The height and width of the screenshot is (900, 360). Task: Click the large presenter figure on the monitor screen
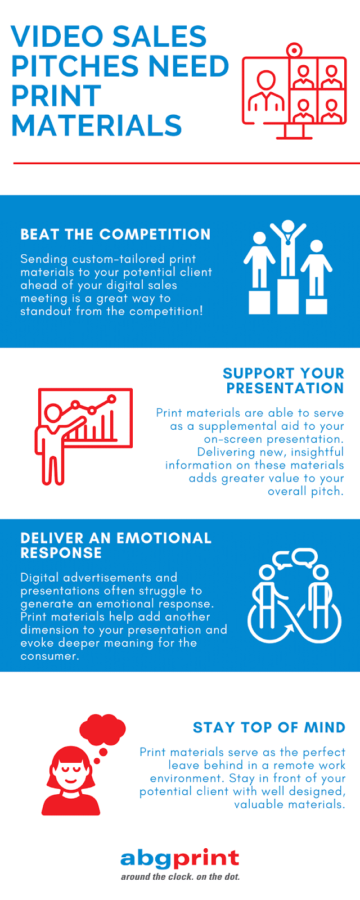click(x=266, y=91)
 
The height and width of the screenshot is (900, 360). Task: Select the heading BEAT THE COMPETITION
click(x=115, y=234)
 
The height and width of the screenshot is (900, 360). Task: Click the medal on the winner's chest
click(x=287, y=242)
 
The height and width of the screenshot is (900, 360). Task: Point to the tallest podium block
click(x=287, y=296)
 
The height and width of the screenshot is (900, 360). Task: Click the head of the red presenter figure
click(x=53, y=413)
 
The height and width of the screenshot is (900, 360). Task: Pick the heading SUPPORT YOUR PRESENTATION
click(x=283, y=380)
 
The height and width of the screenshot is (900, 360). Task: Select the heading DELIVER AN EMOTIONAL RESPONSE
click(x=116, y=545)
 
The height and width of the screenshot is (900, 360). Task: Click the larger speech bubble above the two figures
click(x=305, y=557)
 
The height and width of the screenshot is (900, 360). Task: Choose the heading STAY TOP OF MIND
click(x=269, y=727)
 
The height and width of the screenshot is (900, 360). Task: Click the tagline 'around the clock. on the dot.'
click(x=180, y=877)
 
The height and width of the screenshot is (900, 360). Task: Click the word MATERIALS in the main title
click(x=97, y=125)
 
